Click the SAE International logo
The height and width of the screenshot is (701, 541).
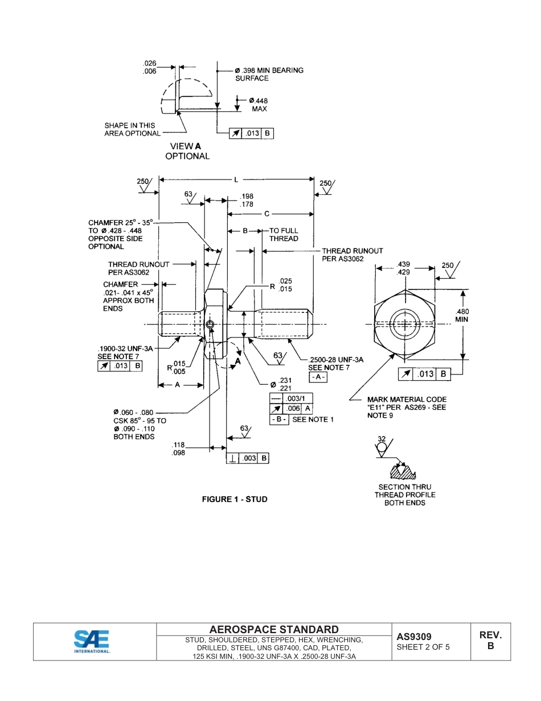pyautogui.click(x=92, y=641)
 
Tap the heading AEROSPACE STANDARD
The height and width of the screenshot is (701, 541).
pyautogui.click(x=274, y=630)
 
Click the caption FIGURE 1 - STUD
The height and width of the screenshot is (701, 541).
pyautogui.click(x=235, y=499)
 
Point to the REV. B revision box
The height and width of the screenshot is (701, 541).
pyautogui.click(x=490, y=641)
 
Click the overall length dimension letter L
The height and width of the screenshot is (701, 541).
pyautogui.click(x=236, y=180)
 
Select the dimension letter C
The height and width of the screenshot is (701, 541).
pyautogui.click(x=267, y=214)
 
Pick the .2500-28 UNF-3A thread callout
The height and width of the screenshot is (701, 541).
pyautogui.click(x=335, y=360)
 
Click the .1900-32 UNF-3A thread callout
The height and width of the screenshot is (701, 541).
pyautogui.click(x=125, y=348)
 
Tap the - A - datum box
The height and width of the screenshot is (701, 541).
pyautogui.click(x=318, y=377)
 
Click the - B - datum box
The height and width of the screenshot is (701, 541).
pyautogui.click(x=279, y=419)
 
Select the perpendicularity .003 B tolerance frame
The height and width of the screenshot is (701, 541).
pyautogui.click(x=248, y=458)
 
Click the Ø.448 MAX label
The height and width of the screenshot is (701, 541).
pyautogui.click(x=258, y=104)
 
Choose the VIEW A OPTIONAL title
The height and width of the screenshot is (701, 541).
pyautogui.click(x=187, y=151)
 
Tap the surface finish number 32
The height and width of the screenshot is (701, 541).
pyautogui.click(x=382, y=439)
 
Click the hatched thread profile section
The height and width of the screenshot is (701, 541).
pyautogui.click(x=403, y=472)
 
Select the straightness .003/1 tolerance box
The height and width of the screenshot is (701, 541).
pyautogui.click(x=290, y=398)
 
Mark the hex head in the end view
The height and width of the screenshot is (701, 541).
pyautogui.click(x=405, y=325)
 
